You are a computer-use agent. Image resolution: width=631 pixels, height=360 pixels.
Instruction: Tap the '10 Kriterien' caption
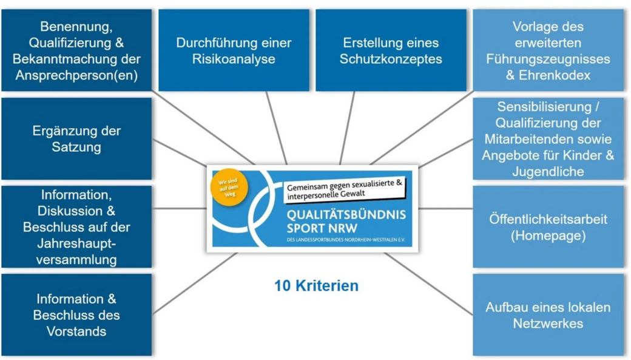(316, 285)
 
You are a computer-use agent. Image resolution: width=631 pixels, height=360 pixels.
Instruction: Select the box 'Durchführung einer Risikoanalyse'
(234, 50)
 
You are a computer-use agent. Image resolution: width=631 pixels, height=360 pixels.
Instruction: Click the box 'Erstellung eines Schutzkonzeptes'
(391, 50)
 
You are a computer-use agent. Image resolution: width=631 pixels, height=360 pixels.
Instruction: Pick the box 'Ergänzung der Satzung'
(76, 139)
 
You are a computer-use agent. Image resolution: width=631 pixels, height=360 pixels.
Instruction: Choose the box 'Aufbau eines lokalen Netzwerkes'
(548, 315)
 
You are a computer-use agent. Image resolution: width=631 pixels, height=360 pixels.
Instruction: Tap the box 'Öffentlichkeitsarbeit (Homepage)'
(548, 227)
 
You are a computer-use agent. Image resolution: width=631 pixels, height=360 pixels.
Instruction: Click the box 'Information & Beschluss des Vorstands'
(76, 315)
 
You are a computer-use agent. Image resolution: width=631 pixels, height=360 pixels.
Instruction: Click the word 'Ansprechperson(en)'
(76, 76)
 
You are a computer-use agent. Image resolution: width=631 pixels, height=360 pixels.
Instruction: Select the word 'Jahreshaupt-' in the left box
(76, 243)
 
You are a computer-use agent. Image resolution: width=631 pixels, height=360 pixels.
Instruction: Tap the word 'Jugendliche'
(548, 172)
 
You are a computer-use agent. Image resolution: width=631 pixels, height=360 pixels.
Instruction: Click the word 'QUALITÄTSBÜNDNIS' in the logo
(346, 216)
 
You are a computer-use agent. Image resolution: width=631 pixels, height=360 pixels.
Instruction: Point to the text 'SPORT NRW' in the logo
(321, 229)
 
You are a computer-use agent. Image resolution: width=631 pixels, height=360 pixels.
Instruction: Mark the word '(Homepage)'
(548, 236)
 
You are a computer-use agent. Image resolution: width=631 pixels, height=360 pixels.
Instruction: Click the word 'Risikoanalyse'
(234, 59)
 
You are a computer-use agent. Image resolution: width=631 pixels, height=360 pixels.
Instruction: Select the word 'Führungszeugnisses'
(548, 59)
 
